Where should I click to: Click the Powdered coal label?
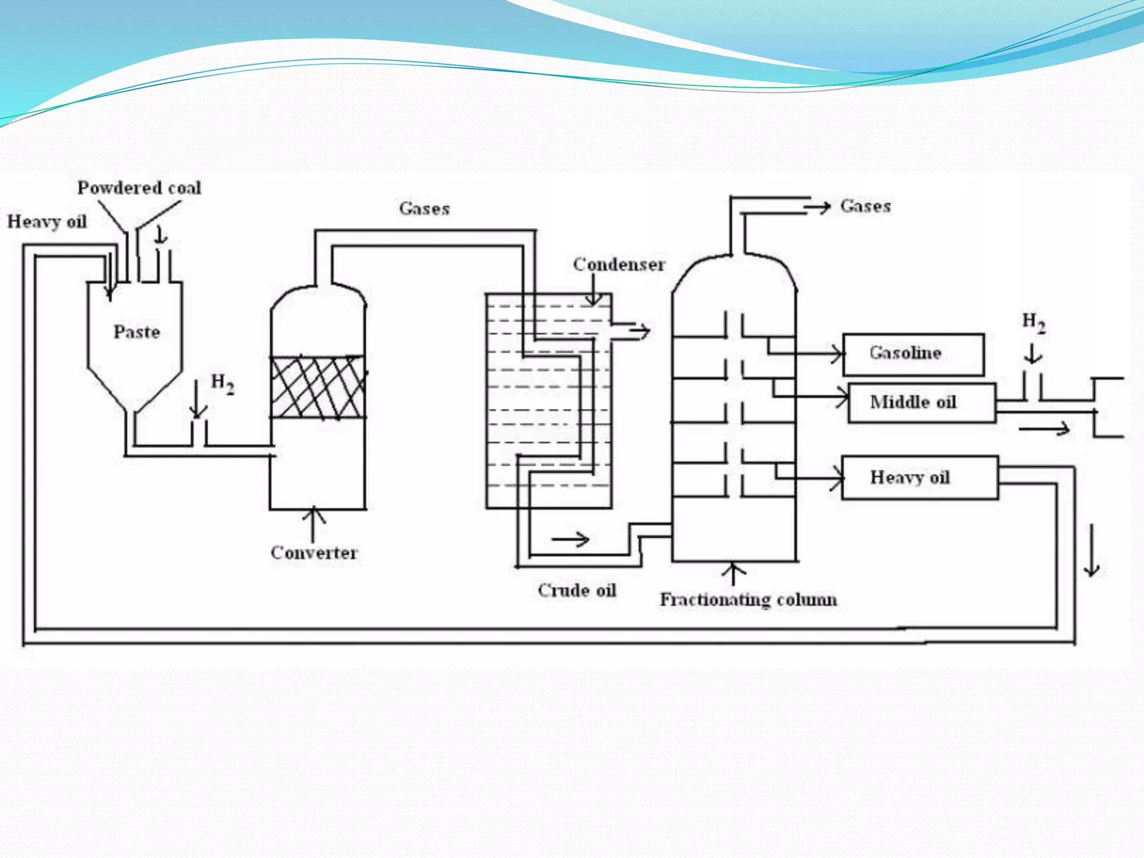[139, 188]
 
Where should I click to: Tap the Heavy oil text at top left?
[47, 222]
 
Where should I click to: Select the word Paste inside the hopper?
[137, 332]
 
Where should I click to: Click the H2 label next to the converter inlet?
[222, 384]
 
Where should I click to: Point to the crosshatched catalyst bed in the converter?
[317, 387]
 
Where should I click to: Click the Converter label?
[313, 552]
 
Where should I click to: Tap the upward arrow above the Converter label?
[314, 522]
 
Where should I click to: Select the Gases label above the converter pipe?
[424, 209]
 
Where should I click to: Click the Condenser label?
[618, 264]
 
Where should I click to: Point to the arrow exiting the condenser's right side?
[638, 331]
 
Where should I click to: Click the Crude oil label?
[576, 590]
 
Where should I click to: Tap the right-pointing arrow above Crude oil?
[570, 539]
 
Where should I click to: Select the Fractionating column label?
[748, 599]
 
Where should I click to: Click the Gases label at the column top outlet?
[865, 206]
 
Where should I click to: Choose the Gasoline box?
[913, 354]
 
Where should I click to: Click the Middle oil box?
[921, 403]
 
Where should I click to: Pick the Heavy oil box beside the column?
[919, 478]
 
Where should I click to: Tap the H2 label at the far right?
[1033, 323]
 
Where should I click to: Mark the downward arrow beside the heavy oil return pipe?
[1091, 550]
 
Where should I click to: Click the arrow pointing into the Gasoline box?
[832, 354]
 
